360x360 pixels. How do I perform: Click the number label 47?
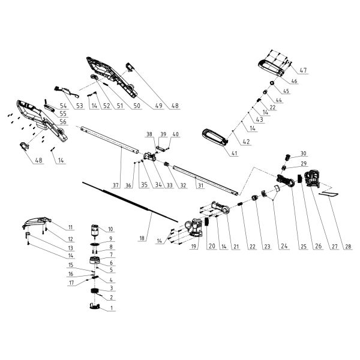(x=303, y=71)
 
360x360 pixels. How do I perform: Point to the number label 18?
(x=142, y=238)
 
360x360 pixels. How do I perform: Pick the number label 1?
(x=111, y=309)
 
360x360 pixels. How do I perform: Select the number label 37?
(x=115, y=185)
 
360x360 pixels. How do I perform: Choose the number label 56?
(x=63, y=121)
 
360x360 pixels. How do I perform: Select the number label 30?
(x=303, y=153)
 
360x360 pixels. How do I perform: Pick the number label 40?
(x=176, y=134)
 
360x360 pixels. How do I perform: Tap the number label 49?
(x=158, y=106)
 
